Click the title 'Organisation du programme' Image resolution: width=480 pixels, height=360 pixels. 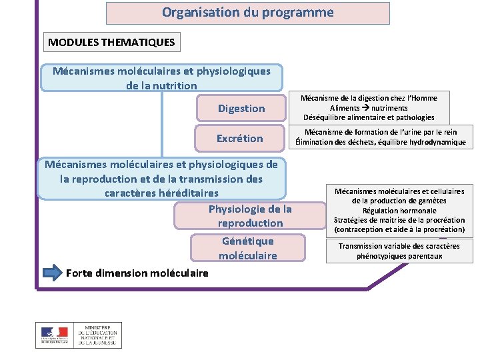coord(247,13)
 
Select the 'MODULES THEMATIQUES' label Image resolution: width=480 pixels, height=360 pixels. coord(111,43)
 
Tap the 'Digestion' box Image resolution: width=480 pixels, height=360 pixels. coord(241,109)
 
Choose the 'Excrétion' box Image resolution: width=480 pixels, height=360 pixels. coord(239,139)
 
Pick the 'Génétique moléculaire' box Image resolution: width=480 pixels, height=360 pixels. coord(247,248)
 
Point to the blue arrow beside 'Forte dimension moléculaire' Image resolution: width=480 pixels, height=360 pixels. coord(52,273)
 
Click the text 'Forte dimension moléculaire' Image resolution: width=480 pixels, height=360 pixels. coord(137,273)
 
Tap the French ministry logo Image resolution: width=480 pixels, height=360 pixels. coord(78,335)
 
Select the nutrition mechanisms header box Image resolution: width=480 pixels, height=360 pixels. coord(161,78)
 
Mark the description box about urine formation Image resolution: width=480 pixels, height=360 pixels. coord(381,137)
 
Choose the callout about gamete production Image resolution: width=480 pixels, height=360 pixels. coord(399,210)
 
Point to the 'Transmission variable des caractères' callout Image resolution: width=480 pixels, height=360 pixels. coord(399,251)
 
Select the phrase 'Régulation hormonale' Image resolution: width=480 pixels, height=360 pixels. coord(399,211)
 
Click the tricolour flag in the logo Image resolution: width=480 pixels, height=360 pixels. coord(55,332)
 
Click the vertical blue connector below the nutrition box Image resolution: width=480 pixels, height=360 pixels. coord(161,123)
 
